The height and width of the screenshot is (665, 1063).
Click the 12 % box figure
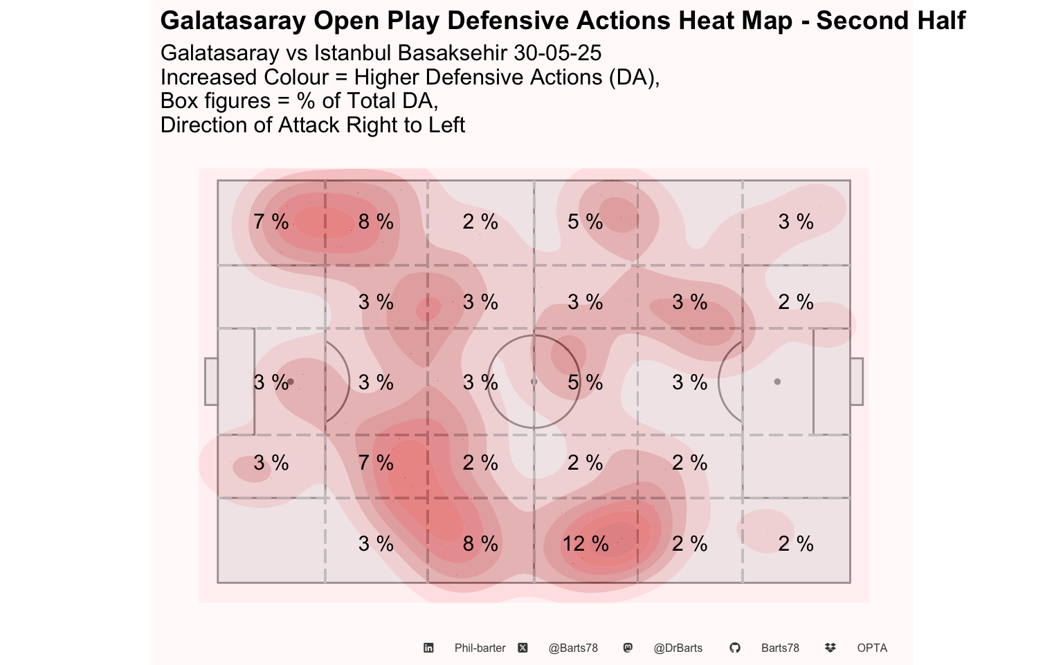(585, 543)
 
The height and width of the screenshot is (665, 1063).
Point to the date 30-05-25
(558, 53)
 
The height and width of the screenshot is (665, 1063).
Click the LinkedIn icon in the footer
(428, 648)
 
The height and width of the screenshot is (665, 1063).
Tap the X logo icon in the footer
(523, 648)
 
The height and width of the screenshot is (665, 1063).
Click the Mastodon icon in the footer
(628, 648)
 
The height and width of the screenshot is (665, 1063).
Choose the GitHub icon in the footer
(734, 648)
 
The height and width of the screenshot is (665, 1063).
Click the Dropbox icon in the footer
(830, 648)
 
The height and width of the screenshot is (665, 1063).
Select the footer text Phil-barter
(480, 648)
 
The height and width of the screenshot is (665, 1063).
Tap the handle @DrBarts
(678, 648)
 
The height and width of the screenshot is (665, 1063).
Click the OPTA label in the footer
(872, 648)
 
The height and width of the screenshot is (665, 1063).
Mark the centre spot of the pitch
(534, 382)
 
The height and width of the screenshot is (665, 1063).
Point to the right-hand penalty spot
(777, 382)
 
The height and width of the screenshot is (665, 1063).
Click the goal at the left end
(211, 382)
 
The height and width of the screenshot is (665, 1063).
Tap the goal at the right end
(857, 382)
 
